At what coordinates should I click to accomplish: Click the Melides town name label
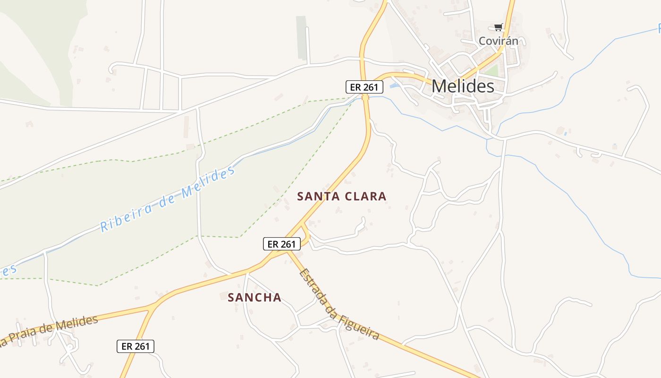pyautogui.click(x=463, y=86)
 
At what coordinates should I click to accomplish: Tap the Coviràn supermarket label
pyautogui.click(x=498, y=41)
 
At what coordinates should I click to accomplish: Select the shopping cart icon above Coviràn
pyautogui.click(x=498, y=27)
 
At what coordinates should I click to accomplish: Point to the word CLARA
pyautogui.click(x=365, y=197)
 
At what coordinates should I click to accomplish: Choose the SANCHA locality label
pyautogui.click(x=254, y=298)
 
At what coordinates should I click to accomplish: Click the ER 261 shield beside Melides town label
pyautogui.click(x=364, y=87)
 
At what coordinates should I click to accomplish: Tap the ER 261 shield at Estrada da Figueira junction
pyautogui.click(x=281, y=244)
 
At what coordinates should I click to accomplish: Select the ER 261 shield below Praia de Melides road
pyautogui.click(x=136, y=346)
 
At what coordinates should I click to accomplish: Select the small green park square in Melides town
pyautogui.click(x=492, y=71)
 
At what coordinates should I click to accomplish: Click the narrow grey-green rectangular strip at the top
pyautogui.click(x=301, y=38)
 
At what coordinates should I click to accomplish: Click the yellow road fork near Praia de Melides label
pyautogui.click(x=152, y=309)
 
